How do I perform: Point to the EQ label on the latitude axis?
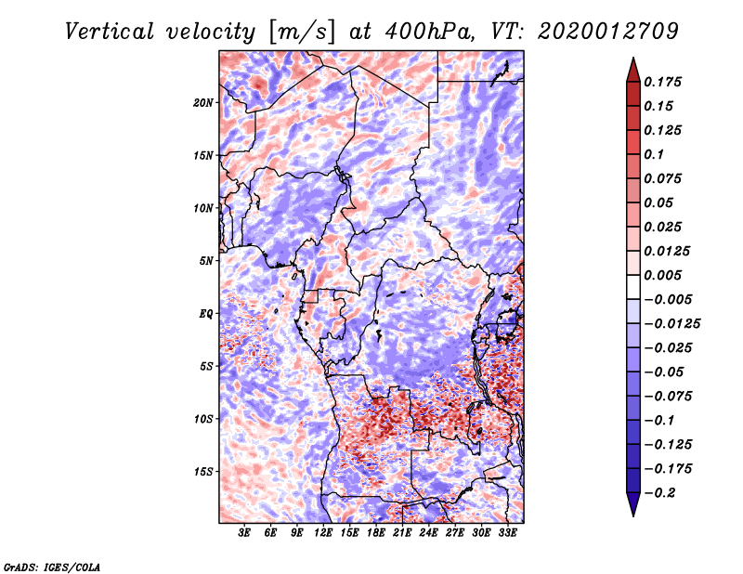point(206,314)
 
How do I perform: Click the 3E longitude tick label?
point(244,533)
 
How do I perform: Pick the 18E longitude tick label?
point(376,533)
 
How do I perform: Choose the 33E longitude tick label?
point(508,533)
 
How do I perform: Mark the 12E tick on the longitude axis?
point(323,533)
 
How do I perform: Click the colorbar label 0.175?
point(665,82)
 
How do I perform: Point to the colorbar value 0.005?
point(665,275)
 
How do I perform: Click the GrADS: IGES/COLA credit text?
point(52,566)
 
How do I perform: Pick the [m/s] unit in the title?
point(300,32)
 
